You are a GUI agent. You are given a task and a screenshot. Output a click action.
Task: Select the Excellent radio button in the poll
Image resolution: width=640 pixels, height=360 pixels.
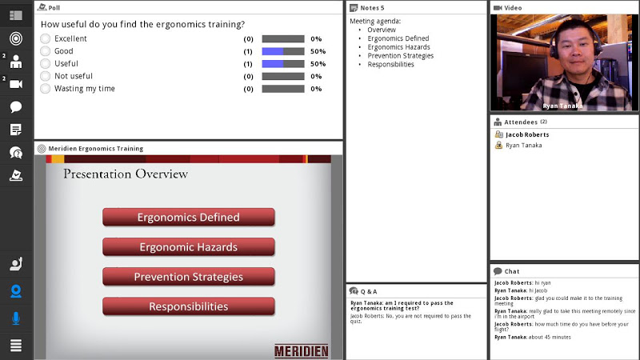46,38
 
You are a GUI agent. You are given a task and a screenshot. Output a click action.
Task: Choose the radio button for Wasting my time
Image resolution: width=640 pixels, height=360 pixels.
46,89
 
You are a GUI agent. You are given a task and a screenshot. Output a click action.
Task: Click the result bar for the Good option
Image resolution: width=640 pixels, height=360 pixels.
283,51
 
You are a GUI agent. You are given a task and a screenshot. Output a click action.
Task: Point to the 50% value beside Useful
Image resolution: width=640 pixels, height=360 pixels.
318,64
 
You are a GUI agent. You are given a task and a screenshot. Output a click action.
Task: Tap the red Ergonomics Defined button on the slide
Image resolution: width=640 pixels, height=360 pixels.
189,217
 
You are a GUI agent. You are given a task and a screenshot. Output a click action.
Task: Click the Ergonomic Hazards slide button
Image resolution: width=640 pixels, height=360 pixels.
189,247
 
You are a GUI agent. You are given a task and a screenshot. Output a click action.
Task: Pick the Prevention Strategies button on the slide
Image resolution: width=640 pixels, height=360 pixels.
189,277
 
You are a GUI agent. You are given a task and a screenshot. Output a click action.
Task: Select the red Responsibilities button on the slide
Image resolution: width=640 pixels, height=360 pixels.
189,306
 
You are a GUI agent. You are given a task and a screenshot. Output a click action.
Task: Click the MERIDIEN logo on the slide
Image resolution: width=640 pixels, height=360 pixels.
302,351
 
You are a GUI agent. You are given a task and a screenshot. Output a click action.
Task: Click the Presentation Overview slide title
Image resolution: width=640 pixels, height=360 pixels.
126,174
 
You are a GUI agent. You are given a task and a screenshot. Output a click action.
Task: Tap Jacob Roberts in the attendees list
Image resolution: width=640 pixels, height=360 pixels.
527,134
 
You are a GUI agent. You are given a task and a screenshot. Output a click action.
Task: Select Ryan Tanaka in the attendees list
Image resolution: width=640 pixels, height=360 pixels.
524,146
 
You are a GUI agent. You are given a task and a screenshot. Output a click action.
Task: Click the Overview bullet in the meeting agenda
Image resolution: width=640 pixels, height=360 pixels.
382,30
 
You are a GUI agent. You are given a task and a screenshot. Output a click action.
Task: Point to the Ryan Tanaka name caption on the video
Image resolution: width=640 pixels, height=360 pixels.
562,106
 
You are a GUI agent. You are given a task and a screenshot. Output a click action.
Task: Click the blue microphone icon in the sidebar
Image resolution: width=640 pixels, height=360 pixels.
16,318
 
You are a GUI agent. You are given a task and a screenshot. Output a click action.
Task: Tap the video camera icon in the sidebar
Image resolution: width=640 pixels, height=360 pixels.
16,84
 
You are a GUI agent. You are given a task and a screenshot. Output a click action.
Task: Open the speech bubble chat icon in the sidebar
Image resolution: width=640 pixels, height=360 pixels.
16,107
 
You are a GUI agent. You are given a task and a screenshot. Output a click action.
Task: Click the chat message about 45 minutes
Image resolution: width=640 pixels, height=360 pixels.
533,337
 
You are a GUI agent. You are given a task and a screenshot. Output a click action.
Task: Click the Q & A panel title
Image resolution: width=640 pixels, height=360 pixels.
369,291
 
